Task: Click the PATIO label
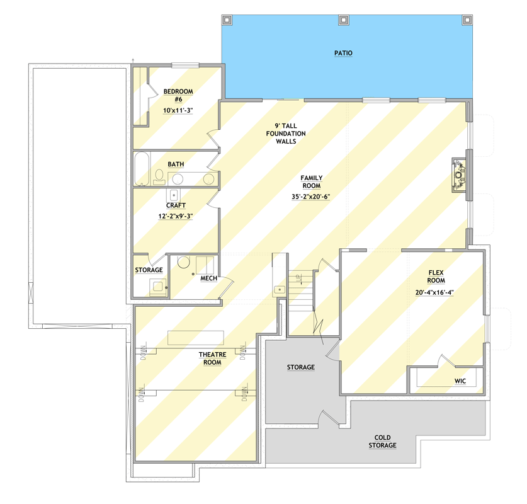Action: [x=343, y=54]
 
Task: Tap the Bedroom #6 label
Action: [x=178, y=95]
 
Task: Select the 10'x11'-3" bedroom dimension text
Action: [x=178, y=111]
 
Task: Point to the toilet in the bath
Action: [x=159, y=176]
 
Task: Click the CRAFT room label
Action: [x=176, y=205]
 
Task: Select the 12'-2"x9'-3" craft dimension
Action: [x=176, y=216]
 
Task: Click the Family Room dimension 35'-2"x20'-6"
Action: [x=310, y=197]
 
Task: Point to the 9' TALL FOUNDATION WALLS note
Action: [x=285, y=134]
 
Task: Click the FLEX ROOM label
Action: [x=436, y=277]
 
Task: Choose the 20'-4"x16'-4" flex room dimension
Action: [x=436, y=292]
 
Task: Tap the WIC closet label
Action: [x=460, y=381]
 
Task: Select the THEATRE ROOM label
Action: [x=212, y=358]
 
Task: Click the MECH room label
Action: [x=208, y=278]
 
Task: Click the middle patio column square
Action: [x=343, y=20]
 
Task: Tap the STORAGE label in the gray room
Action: [x=301, y=367]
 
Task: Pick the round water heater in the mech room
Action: [x=184, y=263]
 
